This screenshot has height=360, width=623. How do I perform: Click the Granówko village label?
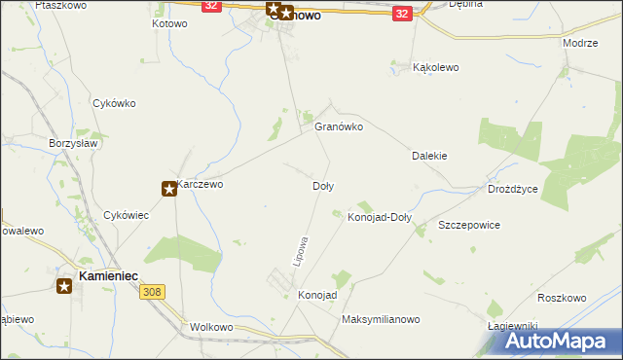pos(339,126)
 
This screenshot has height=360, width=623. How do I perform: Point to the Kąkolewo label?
pos(436,68)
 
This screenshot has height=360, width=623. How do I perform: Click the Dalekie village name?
pos(429,156)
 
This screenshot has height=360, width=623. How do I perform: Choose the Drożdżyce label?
pos(513,189)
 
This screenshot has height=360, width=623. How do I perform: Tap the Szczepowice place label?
pos(469,225)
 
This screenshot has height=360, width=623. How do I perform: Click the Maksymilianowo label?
pos(380,319)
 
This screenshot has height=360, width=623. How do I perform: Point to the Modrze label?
pos(580,45)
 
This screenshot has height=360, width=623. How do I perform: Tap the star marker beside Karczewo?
pos(169,189)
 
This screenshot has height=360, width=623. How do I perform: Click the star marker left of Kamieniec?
pos(64,285)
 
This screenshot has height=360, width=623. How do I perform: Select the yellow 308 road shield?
pos(151,292)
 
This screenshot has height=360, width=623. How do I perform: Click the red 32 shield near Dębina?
pos(402,14)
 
